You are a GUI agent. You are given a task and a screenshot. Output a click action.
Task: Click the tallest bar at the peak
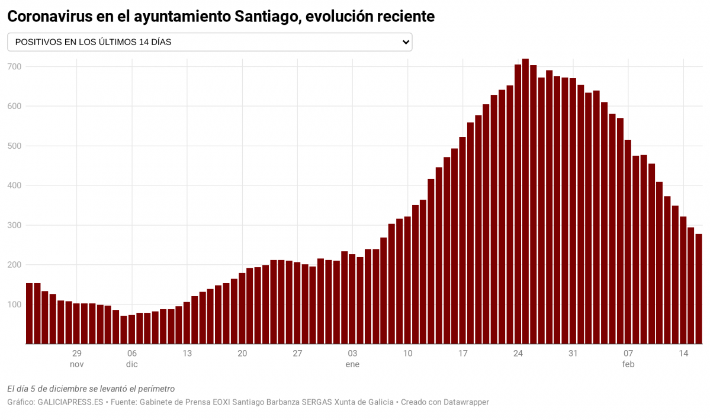click(525, 201)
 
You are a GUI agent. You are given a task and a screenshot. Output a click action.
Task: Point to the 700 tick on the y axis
click(14, 67)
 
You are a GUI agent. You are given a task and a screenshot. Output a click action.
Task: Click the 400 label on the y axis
click(14, 185)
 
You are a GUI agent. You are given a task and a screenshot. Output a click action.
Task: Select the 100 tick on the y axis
click(14, 304)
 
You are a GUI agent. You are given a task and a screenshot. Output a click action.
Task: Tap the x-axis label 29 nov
click(77, 359)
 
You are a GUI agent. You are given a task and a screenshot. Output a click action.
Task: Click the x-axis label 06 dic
click(132, 359)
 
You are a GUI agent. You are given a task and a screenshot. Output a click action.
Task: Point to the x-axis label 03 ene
click(352, 359)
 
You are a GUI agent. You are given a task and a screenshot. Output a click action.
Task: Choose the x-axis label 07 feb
click(628, 359)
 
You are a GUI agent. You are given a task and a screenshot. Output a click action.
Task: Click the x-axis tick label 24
click(518, 354)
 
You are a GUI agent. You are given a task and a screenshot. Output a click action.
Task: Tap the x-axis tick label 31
click(573, 354)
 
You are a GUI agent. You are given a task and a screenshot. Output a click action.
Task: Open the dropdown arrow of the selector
click(406, 42)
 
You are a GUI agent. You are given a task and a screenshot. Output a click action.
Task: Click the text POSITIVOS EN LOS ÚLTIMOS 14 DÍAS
click(93, 42)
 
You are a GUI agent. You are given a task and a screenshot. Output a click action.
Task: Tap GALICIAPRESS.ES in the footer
click(71, 402)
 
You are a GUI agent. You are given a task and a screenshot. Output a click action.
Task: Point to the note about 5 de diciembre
click(91, 389)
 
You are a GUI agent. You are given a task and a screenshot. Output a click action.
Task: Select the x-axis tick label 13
click(187, 354)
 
